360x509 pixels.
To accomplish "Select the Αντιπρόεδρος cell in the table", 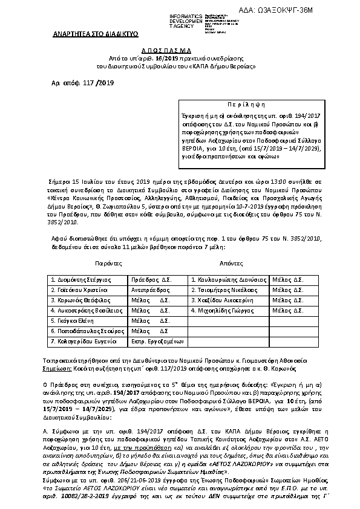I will click(151, 290).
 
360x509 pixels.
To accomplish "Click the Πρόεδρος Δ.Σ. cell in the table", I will click(151, 280).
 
